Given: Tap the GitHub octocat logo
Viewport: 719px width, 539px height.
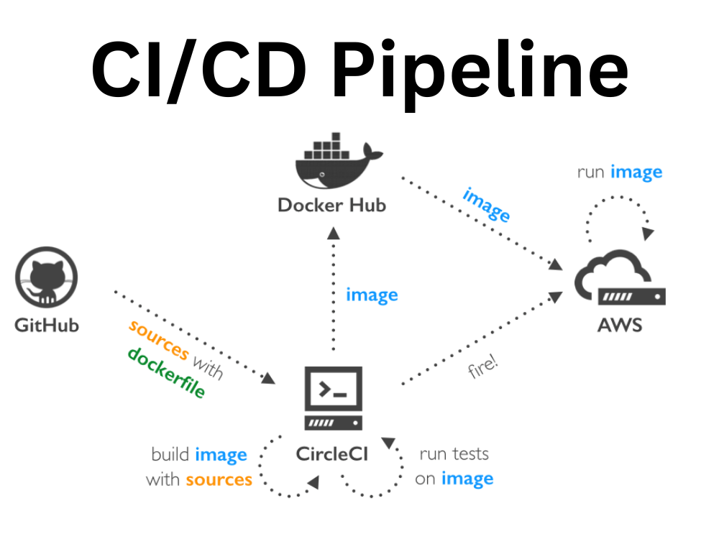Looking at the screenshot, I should point(46,277).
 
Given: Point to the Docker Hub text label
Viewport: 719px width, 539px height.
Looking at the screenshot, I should point(332,206).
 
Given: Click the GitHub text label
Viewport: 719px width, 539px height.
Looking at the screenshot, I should point(47,325).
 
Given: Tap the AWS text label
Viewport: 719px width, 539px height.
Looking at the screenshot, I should point(620,325).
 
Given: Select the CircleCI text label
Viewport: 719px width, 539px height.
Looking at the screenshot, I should point(332,454).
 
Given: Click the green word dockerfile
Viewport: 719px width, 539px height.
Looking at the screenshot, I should point(166,373).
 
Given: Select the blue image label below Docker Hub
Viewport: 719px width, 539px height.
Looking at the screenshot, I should point(372,295).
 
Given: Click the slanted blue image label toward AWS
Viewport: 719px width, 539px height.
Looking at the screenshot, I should point(486,205).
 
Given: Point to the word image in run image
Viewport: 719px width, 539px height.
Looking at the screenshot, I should point(636,172).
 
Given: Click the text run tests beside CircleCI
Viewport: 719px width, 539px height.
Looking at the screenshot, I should point(454,454).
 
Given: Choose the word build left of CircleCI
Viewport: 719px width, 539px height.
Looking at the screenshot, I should point(170,455).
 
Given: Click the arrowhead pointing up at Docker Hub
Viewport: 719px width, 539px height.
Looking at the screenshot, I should point(334,231).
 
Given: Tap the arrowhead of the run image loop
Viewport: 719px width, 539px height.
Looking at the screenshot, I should point(649,234).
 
